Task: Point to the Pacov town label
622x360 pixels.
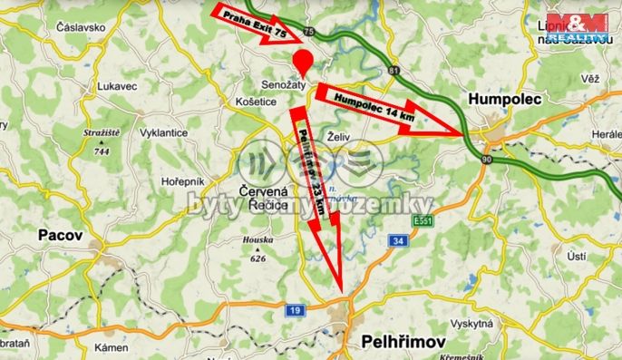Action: [x=61, y=235]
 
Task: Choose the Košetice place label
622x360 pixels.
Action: [x=255, y=102]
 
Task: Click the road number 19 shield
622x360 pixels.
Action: [x=296, y=310]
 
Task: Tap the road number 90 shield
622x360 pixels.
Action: [x=486, y=160]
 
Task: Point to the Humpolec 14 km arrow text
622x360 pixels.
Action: [x=374, y=105]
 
